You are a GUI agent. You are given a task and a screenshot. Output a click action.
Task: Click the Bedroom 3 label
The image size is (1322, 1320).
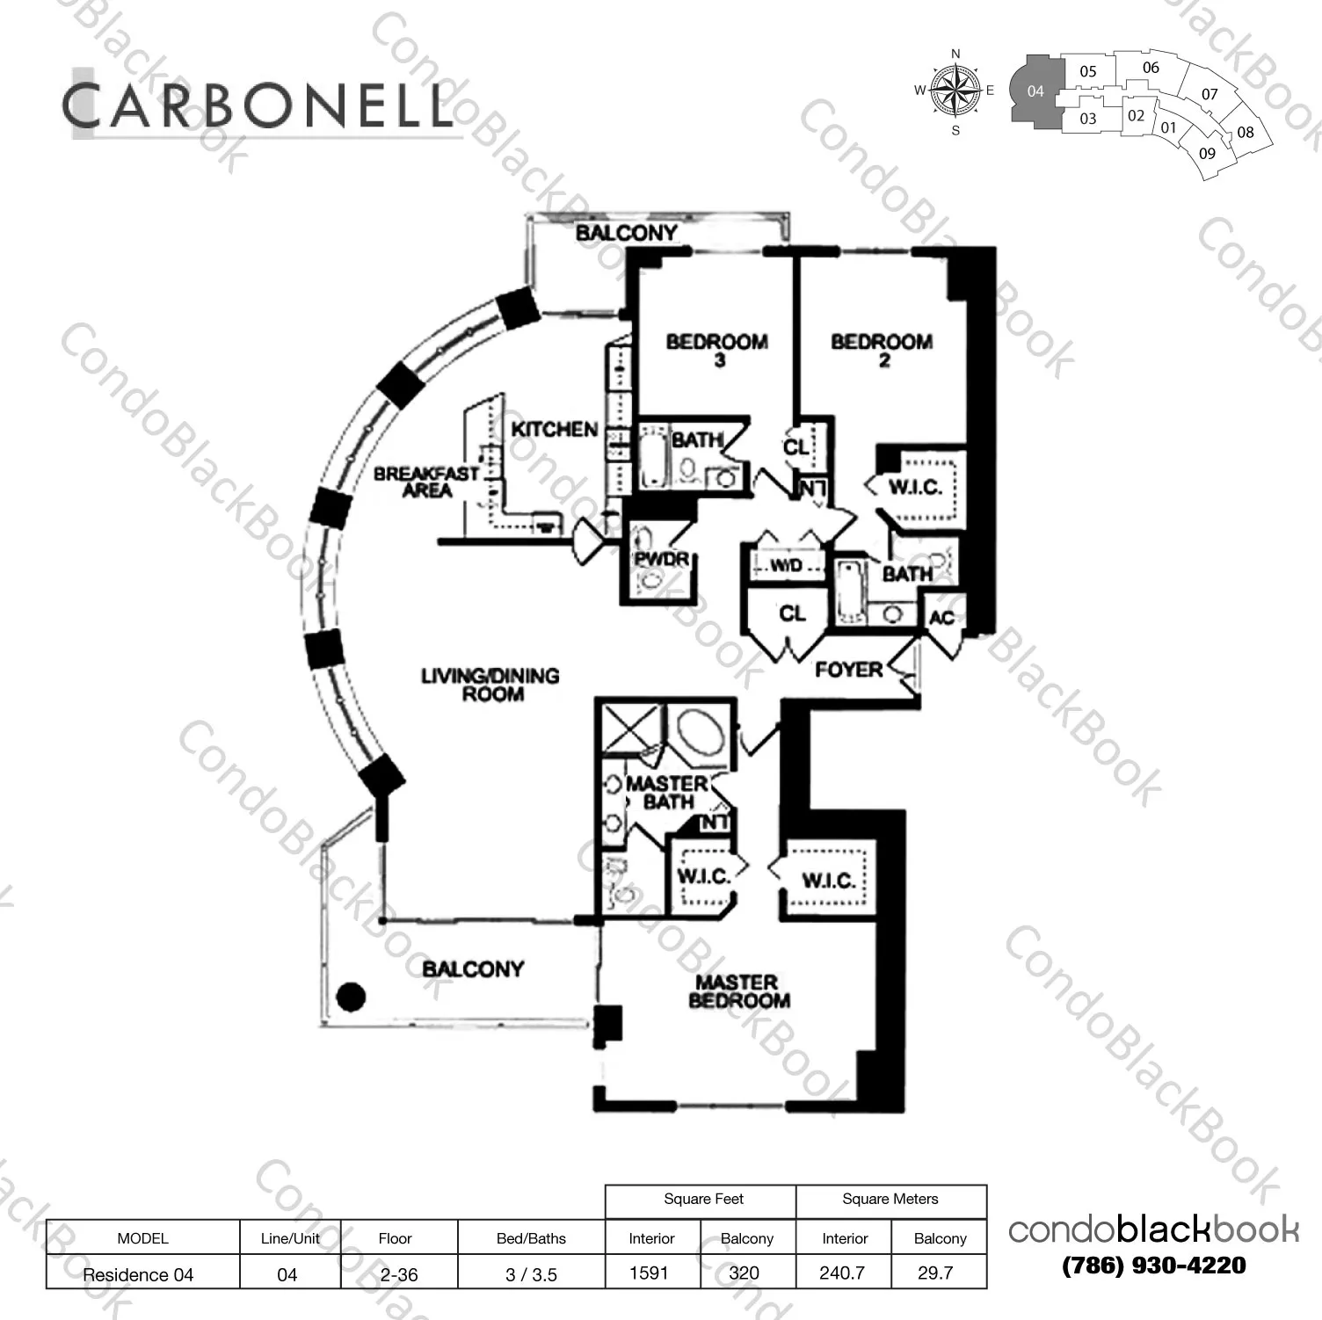pyautogui.click(x=716, y=350)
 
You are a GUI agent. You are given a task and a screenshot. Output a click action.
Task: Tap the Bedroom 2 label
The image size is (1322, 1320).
pyautogui.click(x=882, y=350)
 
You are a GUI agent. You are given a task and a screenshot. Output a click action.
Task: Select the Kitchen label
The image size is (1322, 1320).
pyautogui.click(x=555, y=430)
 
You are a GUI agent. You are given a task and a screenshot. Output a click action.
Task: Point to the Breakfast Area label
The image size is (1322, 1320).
pyautogui.click(x=426, y=482)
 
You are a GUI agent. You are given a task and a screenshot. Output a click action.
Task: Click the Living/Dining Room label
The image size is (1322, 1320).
pyautogui.click(x=490, y=685)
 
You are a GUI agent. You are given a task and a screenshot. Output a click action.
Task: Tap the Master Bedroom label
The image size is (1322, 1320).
pyautogui.click(x=738, y=991)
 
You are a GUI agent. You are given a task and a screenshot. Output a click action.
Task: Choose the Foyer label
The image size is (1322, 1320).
pyautogui.click(x=848, y=670)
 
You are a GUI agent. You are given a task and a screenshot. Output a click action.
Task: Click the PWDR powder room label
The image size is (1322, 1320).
pyautogui.click(x=662, y=559)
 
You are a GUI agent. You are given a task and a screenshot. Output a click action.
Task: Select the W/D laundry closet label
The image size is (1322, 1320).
pyautogui.click(x=787, y=566)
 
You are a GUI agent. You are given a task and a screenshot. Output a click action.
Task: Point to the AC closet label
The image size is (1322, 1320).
pyautogui.click(x=941, y=618)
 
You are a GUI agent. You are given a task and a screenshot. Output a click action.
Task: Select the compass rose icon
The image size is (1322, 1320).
pyautogui.click(x=955, y=91)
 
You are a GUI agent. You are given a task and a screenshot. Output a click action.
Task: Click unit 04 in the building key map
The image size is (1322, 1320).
pyautogui.click(x=1035, y=91)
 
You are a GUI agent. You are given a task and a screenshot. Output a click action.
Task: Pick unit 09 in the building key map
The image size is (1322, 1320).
pyautogui.click(x=1207, y=154)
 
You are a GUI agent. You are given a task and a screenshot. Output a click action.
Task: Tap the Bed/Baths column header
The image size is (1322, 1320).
pyautogui.click(x=531, y=1238)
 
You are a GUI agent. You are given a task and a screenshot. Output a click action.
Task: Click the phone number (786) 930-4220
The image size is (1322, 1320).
pyautogui.click(x=1154, y=1266)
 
